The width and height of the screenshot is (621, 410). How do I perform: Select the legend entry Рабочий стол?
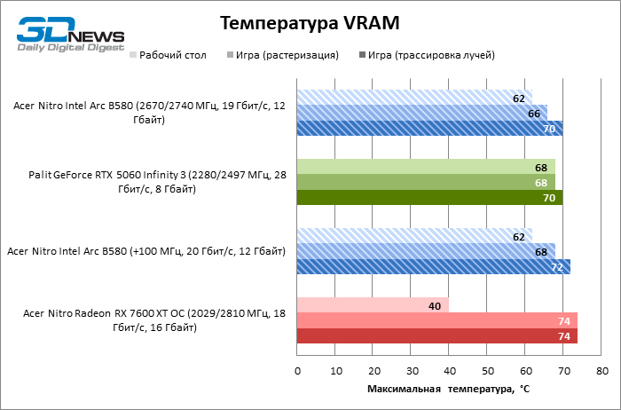pos(172,55)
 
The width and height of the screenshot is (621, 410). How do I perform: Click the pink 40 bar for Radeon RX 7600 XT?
pos(373,305)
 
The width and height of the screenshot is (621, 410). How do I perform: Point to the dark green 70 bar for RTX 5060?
pos(429,197)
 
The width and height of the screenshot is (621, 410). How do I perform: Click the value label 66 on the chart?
pos(534,113)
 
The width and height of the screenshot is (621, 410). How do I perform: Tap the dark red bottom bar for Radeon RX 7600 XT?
pos(437,335)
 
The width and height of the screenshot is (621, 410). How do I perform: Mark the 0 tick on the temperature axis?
pos(297,370)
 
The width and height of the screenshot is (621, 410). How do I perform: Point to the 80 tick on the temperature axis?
pos(602,370)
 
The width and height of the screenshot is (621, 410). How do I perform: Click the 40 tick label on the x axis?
pos(450,370)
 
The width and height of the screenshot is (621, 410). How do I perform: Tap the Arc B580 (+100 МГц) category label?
pos(145,250)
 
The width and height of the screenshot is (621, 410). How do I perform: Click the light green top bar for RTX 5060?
pos(426,167)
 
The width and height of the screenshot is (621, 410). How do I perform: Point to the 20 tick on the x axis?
pos(373,370)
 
